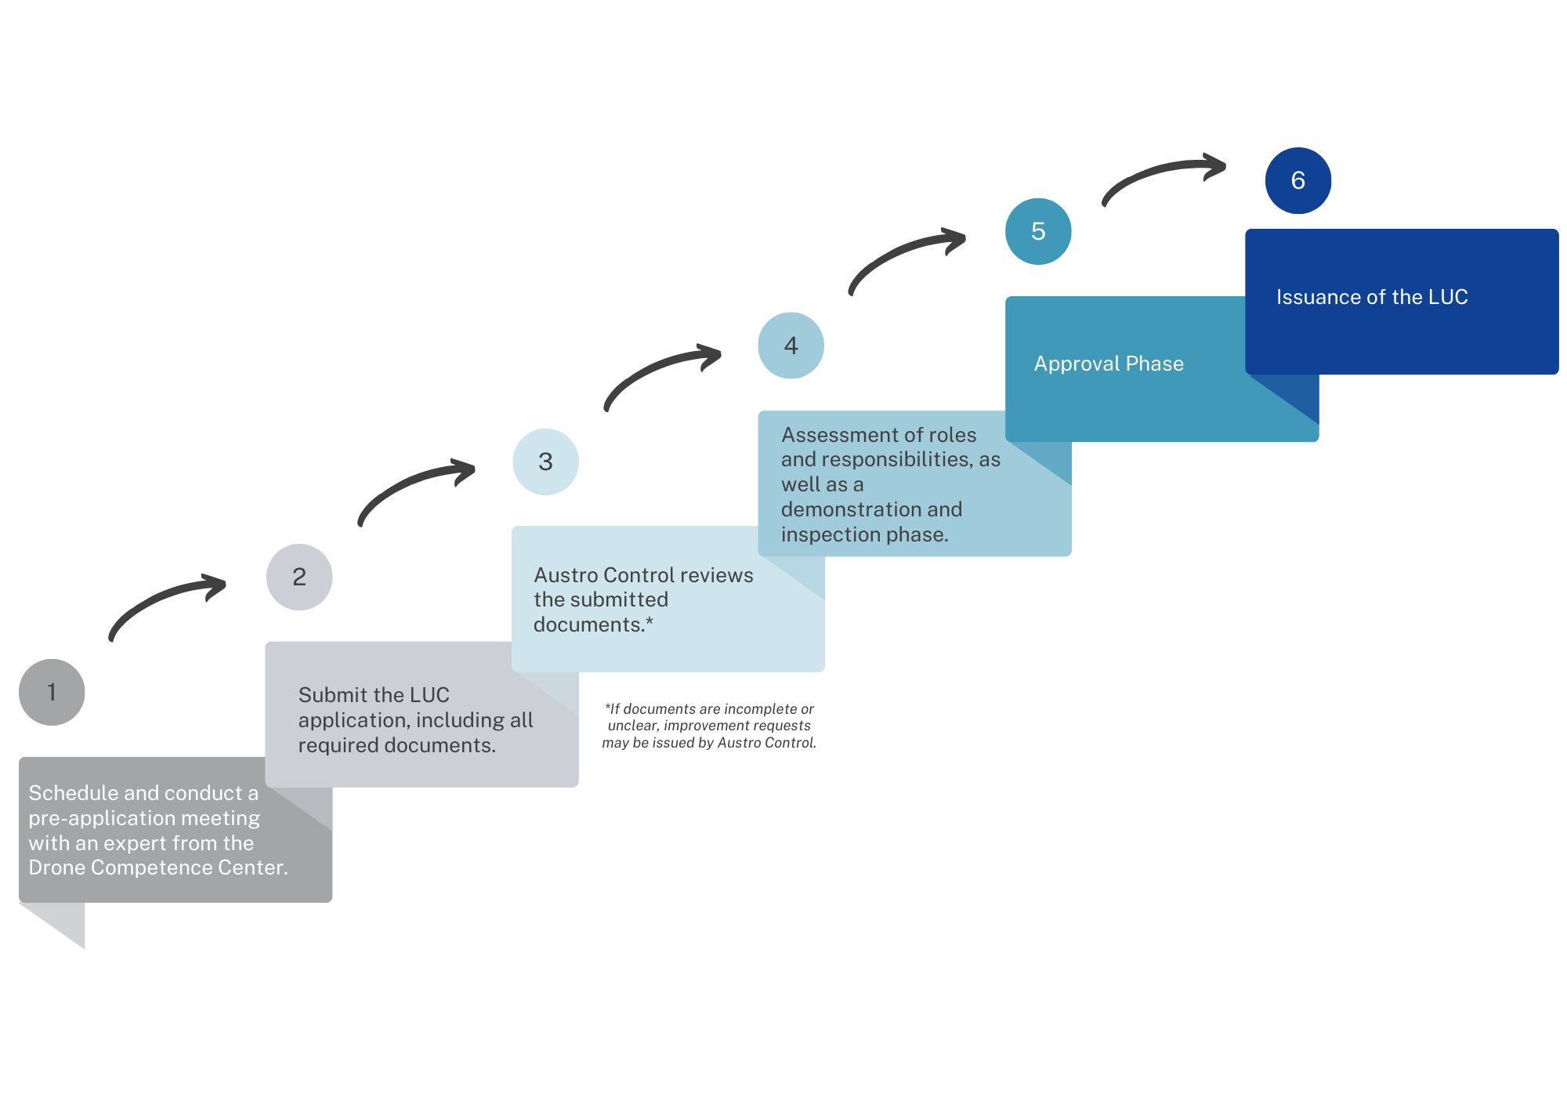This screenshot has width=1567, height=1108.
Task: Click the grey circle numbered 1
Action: click(52, 692)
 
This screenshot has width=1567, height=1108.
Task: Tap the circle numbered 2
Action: click(299, 577)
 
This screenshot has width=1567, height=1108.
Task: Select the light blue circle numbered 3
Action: click(545, 462)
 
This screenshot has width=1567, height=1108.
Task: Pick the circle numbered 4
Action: click(791, 346)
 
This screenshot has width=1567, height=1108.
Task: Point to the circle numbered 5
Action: click(1038, 231)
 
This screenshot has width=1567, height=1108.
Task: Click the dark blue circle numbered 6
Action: click(1298, 180)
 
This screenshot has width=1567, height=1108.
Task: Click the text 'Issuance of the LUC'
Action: click(1372, 297)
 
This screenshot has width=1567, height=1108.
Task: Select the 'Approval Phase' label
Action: click(1109, 364)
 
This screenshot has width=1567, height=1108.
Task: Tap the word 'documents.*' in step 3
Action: click(593, 625)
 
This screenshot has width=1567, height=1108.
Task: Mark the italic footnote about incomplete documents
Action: click(709, 726)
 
